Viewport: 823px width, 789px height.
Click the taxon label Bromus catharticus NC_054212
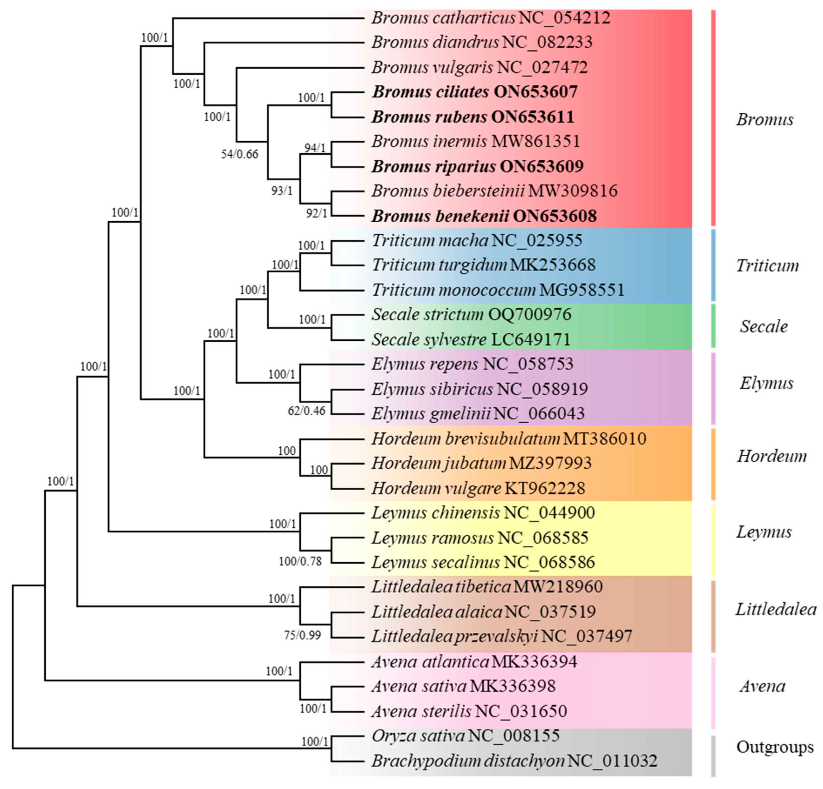pyautogui.click(x=491, y=18)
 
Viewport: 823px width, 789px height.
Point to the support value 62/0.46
pyautogui.click(x=306, y=411)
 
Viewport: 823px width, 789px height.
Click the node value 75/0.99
pyautogui.click(x=302, y=635)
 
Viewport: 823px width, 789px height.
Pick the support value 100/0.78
pyautogui.click(x=300, y=561)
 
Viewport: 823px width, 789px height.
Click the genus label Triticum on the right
pyautogui.click(x=767, y=266)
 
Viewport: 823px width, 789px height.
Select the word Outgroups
pyautogui.click(x=775, y=747)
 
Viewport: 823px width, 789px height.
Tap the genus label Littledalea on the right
pyautogui.click(x=775, y=609)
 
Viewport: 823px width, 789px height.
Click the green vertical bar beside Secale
pyautogui.click(x=713, y=326)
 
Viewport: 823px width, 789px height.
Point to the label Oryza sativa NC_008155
pyautogui.click(x=465, y=736)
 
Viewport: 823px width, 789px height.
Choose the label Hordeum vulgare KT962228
pyautogui.click(x=478, y=488)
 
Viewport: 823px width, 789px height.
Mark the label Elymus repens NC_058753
pyautogui.click(x=472, y=364)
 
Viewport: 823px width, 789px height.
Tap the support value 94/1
pyautogui.click(x=315, y=148)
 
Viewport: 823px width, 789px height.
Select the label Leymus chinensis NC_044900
pyautogui.click(x=483, y=513)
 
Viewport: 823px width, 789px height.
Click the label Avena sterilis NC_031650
pyautogui.click(x=469, y=711)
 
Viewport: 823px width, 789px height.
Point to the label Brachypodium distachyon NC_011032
pyautogui.click(x=514, y=761)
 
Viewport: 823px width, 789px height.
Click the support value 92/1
pyautogui.click(x=316, y=213)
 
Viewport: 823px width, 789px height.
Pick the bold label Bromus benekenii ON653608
pyautogui.click(x=484, y=216)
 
